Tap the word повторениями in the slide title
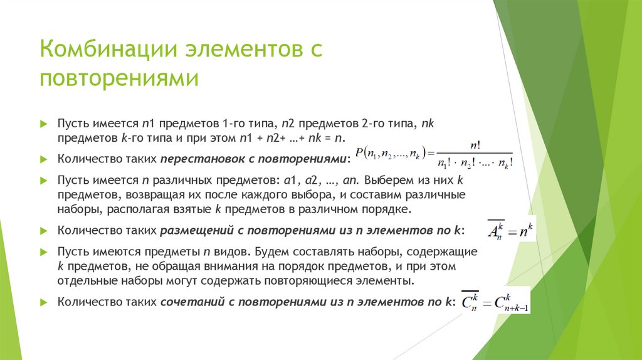pyautogui.click(x=120, y=79)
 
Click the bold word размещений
pyautogui.click(x=196, y=230)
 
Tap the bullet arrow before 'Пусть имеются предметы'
pyautogui.click(x=43, y=251)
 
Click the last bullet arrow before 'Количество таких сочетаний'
pyautogui.click(x=43, y=302)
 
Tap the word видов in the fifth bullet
pyautogui.click(x=231, y=251)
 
